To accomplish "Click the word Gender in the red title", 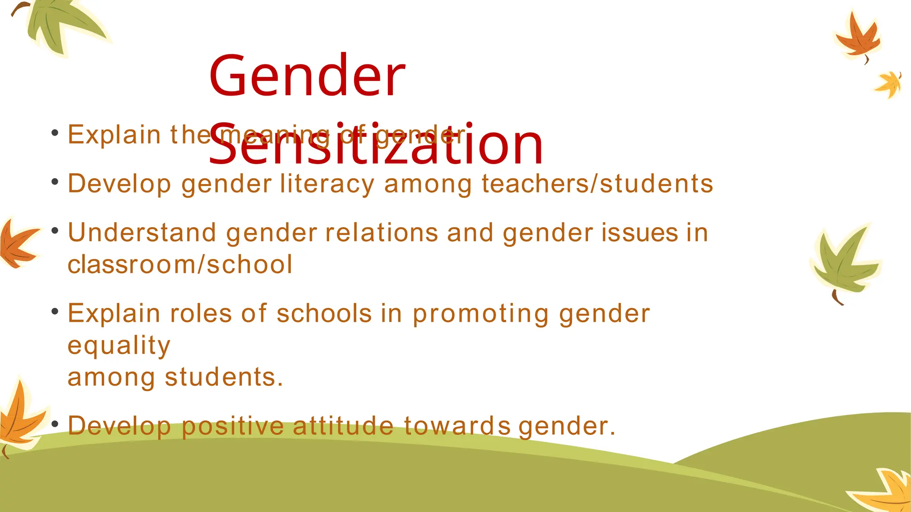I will [307, 76].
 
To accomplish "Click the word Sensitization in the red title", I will [376, 144].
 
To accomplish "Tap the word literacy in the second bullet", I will [327, 184].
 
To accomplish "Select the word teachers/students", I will [597, 184].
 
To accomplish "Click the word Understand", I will [142, 232].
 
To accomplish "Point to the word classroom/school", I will [180, 264].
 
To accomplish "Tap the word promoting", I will [481, 314].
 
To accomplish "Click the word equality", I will [119, 346].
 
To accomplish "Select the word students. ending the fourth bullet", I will [224, 377].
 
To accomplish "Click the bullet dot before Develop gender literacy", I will [55, 182].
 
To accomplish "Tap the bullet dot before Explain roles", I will [55, 312].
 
